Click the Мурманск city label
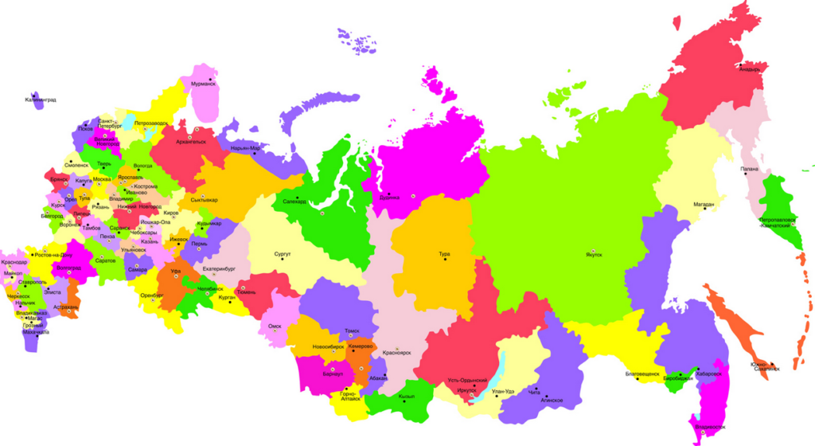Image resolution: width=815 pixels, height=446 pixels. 203,83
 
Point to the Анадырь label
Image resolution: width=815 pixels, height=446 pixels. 750,69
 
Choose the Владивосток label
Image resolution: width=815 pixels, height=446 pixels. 710,427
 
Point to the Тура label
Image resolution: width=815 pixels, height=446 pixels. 444,254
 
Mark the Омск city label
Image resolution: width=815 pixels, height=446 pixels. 275,326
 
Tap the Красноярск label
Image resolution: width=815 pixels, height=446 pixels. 396,352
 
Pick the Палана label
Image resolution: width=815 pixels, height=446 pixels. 747,169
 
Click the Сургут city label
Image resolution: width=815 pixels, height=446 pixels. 283,254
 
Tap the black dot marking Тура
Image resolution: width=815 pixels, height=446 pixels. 445,260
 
